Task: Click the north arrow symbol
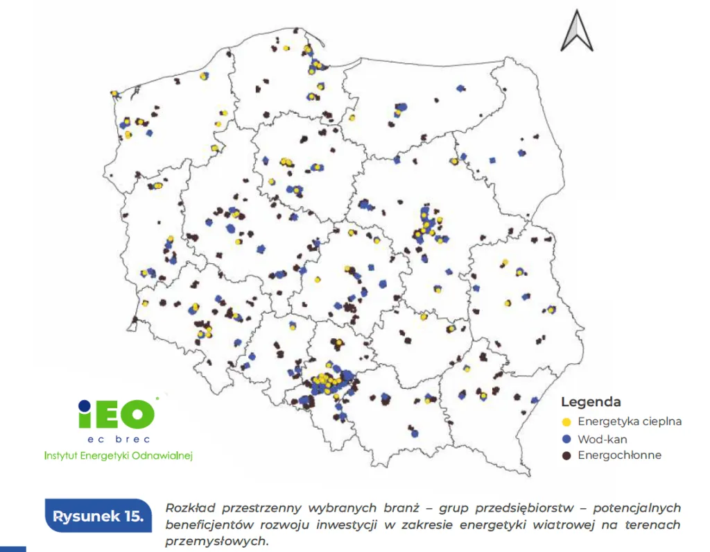pos(578,33)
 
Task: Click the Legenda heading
pos(590,402)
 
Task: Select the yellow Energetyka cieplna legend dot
pos(566,421)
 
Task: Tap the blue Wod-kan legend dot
pos(566,439)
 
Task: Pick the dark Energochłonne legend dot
pos(566,455)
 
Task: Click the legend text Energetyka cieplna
pos(630,421)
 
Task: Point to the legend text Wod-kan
pos(603,439)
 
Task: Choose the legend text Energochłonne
pos(619,455)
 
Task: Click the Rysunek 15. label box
pos(98,517)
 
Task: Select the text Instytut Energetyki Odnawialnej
pos(118,455)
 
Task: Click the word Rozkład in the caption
pos(188,508)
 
